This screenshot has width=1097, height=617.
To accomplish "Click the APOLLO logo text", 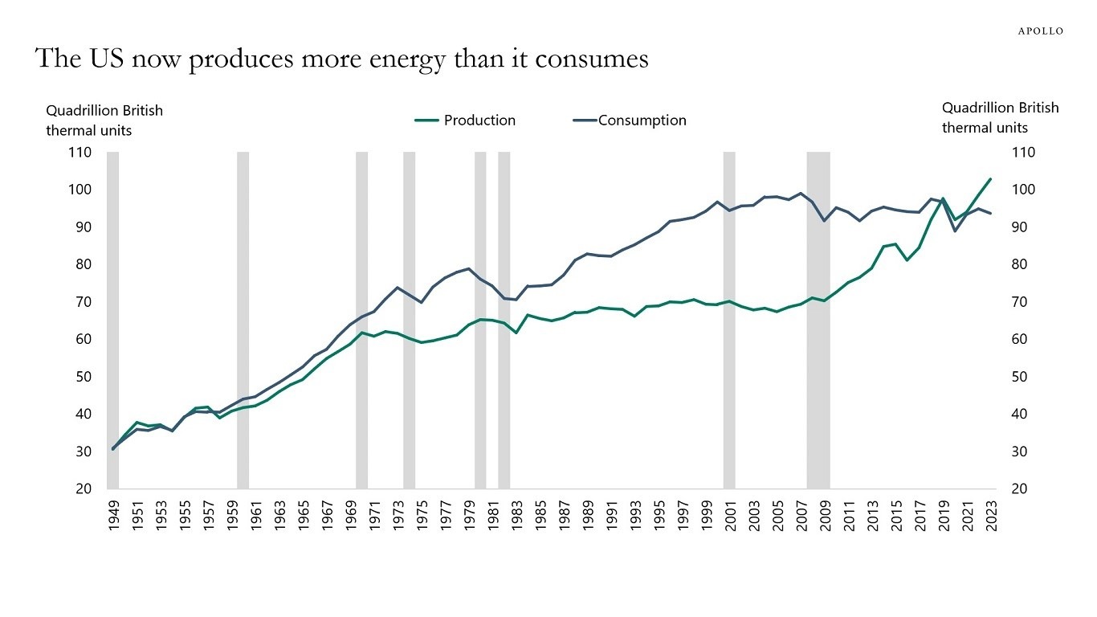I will [x=1040, y=31].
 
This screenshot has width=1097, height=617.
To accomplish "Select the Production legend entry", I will [x=466, y=121].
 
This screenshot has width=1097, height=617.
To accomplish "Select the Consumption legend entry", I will [x=630, y=121].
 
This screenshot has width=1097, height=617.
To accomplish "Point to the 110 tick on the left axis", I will [x=80, y=153].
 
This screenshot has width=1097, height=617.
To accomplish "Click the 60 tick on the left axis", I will [x=80, y=339].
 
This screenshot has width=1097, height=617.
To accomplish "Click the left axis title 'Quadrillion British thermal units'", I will [x=104, y=120].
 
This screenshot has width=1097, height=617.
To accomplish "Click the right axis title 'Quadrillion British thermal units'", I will [x=1000, y=117].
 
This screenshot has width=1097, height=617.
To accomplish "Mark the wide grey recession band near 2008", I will [x=818, y=321].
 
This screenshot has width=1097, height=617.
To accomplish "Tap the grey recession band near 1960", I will [x=243, y=321].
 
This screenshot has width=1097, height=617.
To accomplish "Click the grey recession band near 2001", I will [x=729, y=321].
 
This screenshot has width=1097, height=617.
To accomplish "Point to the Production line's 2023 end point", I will [x=990, y=179].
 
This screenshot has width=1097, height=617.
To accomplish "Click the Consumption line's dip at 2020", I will [x=955, y=231].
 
